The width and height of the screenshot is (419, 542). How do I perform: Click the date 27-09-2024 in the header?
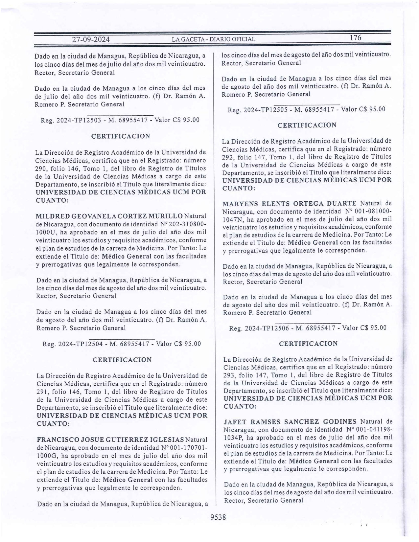(x=91, y=40)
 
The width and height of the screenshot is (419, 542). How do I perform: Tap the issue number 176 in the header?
(x=355, y=38)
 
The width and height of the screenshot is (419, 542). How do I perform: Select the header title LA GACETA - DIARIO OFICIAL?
(x=214, y=39)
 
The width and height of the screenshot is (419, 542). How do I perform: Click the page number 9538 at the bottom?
(x=218, y=517)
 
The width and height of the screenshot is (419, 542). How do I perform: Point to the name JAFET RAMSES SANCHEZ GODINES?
(x=290, y=422)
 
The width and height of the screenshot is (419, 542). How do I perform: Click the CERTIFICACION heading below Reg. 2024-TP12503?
(x=121, y=136)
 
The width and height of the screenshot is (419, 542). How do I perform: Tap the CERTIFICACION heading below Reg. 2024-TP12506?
(x=308, y=344)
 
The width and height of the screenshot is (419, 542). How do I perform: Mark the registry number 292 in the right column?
(x=228, y=157)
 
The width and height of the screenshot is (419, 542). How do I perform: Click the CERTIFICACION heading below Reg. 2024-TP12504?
(x=122, y=360)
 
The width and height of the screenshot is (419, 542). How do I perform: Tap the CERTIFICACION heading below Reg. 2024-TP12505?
(x=307, y=125)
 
